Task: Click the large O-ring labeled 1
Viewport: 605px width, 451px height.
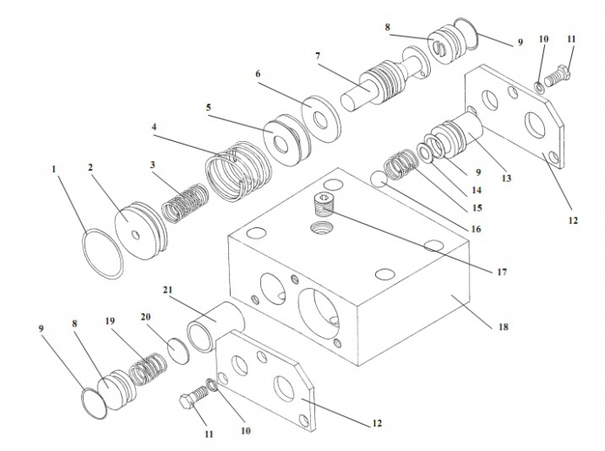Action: coord(104,253)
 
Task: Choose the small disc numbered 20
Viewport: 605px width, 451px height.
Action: coord(178,349)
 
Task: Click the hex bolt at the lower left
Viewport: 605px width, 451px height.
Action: coord(193,404)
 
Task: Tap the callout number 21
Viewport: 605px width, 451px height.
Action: coord(167,290)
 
